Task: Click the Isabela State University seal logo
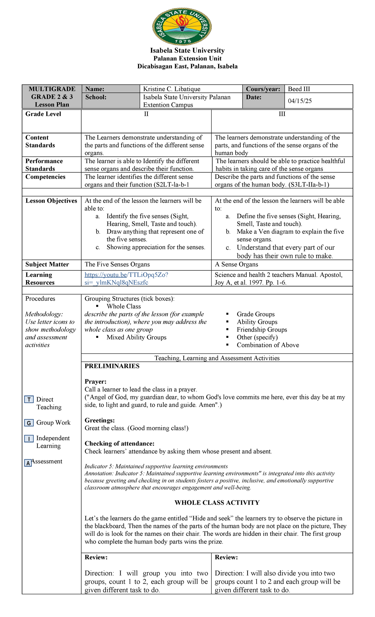(x=182, y=27)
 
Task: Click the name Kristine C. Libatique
(x=172, y=89)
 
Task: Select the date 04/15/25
(x=300, y=101)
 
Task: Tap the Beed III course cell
(x=299, y=89)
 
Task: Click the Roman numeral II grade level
(x=146, y=114)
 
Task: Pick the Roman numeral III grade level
(x=282, y=114)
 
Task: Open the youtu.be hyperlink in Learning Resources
(x=126, y=279)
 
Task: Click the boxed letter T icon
(x=29, y=400)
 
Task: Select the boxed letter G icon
(x=29, y=423)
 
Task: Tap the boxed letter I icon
(x=29, y=439)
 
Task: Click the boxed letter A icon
(x=28, y=463)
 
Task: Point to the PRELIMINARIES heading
(x=112, y=366)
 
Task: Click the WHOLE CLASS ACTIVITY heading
(x=217, y=503)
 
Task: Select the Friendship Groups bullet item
(x=262, y=330)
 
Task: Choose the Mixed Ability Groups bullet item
(x=136, y=337)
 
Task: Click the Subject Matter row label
(x=47, y=264)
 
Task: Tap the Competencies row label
(x=45, y=177)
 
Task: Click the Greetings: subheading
(x=100, y=420)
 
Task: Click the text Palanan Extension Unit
(x=187, y=58)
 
